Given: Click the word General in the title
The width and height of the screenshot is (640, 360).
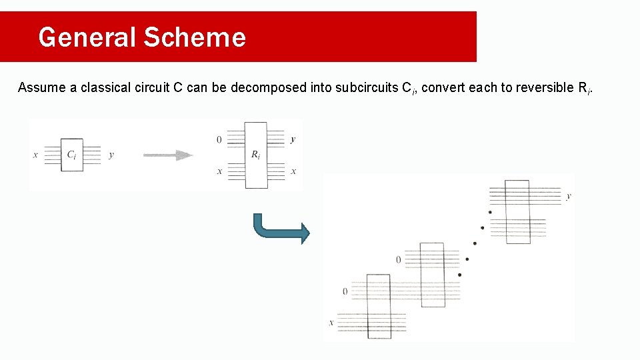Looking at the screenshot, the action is click(87, 37).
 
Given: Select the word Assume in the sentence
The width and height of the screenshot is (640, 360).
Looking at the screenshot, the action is click(41, 88).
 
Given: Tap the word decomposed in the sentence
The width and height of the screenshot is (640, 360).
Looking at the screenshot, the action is click(269, 88).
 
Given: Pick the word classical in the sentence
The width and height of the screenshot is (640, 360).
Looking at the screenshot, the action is click(109, 88).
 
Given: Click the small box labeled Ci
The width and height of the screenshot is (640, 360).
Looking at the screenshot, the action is click(72, 155).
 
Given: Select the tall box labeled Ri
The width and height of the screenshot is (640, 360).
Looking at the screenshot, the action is click(256, 155).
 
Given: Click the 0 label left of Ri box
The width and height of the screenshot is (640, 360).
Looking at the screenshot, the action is click(219, 140).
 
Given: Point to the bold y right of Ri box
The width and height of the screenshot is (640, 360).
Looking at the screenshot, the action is click(293, 140).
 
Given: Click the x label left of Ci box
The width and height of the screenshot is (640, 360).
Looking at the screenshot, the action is click(35, 155).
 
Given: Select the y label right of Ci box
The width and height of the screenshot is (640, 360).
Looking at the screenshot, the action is click(111, 155).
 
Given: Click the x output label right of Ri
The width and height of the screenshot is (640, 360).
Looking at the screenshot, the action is click(293, 171).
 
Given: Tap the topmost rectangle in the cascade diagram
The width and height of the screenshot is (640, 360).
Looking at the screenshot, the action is click(517, 211).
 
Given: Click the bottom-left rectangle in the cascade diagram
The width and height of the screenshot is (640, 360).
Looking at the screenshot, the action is click(379, 305).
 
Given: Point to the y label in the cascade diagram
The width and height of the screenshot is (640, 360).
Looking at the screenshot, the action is click(569, 197).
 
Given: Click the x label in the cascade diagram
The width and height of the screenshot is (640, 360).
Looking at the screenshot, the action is click(331, 323).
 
